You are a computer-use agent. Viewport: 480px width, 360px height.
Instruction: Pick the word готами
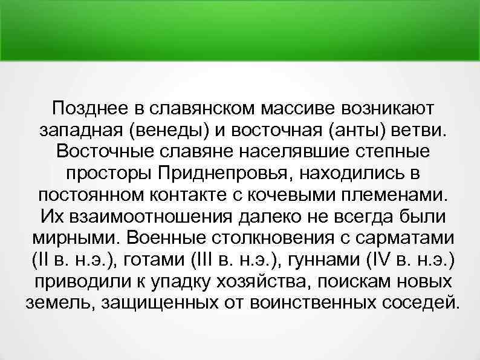149,260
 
